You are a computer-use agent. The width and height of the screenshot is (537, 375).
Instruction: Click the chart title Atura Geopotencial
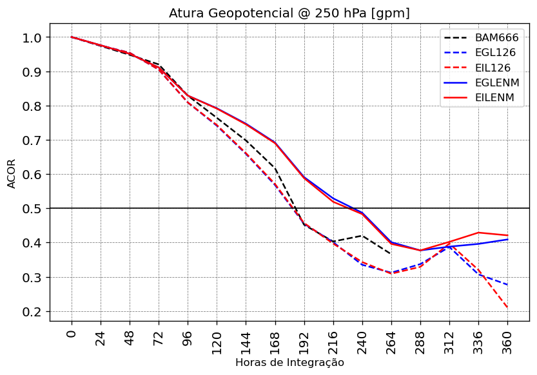289,13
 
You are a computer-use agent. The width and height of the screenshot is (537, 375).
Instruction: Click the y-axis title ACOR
12,174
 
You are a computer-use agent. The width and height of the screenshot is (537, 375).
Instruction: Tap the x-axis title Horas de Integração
289,363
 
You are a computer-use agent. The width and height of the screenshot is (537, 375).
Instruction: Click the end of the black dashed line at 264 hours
391,254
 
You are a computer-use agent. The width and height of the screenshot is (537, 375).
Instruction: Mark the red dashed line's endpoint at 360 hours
508,308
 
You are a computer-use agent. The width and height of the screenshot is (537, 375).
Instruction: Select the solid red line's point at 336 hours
478,233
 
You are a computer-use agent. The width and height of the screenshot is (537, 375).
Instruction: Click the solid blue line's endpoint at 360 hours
508,239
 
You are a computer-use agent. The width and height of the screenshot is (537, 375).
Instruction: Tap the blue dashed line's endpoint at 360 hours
508,285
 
